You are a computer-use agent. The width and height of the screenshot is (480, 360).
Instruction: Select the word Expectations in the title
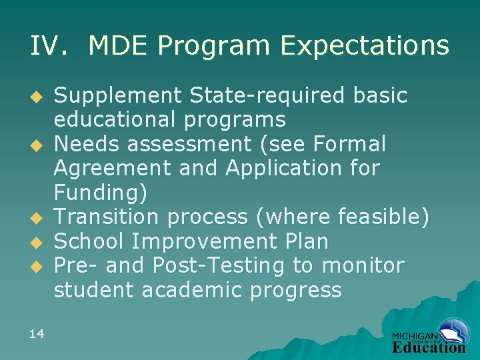tap(365, 45)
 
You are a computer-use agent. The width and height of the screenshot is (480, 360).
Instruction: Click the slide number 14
tap(37, 333)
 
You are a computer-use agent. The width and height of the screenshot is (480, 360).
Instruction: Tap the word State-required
tap(266, 96)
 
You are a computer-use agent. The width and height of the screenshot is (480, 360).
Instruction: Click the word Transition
tap(107, 217)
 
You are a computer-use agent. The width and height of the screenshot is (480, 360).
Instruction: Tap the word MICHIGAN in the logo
tap(415, 336)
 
